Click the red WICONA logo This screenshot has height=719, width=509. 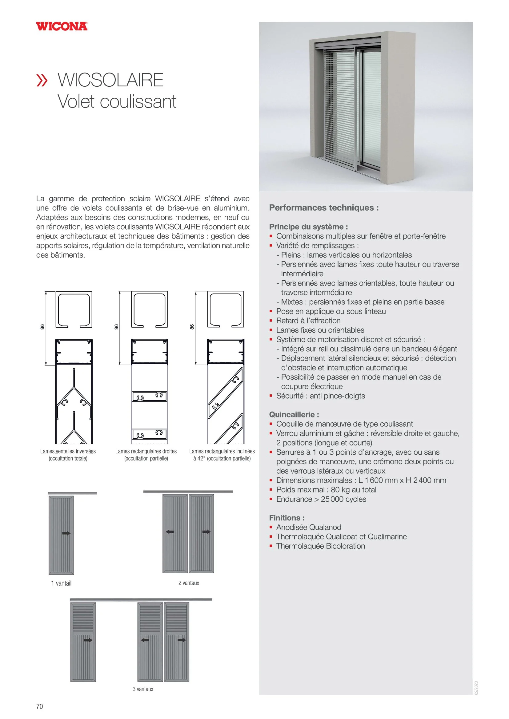[x=62, y=26]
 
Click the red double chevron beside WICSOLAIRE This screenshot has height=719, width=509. [x=42, y=80]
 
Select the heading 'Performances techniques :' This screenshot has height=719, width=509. [x=324, y=207]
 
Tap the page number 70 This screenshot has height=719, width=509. [x=39, y=706]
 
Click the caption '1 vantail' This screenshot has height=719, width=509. [x=61, y=583]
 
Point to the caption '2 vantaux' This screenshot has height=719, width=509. [x=189, y=583]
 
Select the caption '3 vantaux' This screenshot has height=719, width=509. [x=143, y=689]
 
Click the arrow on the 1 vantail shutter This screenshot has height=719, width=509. [x=66, y=533]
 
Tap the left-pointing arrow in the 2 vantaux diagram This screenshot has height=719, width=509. [x=170, y=532]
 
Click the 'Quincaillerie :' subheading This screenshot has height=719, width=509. [x=294, y=415]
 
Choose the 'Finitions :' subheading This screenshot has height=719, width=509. [x=287, y=518]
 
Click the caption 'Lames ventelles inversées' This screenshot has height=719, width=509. [x=68, y=451]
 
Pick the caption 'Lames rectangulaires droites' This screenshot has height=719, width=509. [x=146, y=451]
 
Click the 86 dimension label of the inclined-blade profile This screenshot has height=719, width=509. [x=192, y=327]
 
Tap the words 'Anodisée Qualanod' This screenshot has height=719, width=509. [x=309, y=527]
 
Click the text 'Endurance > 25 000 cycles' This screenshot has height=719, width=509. [x=321, y=499]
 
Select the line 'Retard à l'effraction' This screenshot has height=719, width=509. [x=308, y=321]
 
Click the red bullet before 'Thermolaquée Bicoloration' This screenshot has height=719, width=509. [x=271, y=546]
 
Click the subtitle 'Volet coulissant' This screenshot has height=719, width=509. [x=117, y=101]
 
